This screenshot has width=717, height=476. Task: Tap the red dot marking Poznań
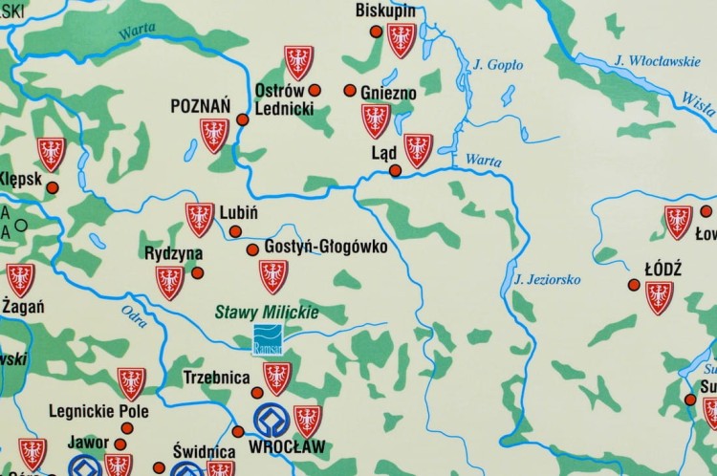pos(242,120)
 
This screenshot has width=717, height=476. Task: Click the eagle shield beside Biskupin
pos(402,38)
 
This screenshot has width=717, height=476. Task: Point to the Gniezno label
pos(388,93)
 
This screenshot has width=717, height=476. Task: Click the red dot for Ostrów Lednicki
pos(315,91)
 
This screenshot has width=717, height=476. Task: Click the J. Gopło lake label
pos(498,65)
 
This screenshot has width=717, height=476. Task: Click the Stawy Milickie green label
pos(266,312)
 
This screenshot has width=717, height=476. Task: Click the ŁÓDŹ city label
pos(663,269)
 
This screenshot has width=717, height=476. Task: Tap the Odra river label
pos(135,311)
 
